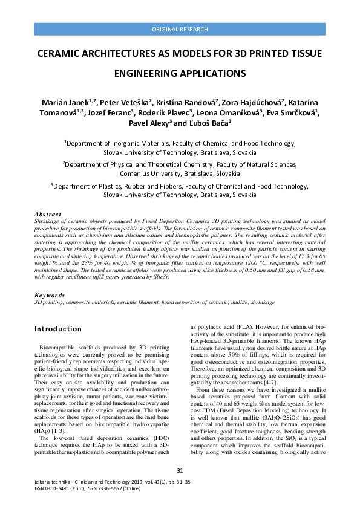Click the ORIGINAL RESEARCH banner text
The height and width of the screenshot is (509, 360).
click(x=180, y=30)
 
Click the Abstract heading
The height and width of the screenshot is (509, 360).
click(x=48, y=215)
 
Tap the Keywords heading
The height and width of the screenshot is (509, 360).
click(x=50, y=296)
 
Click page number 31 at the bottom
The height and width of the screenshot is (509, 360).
click(x=180, y=471)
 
